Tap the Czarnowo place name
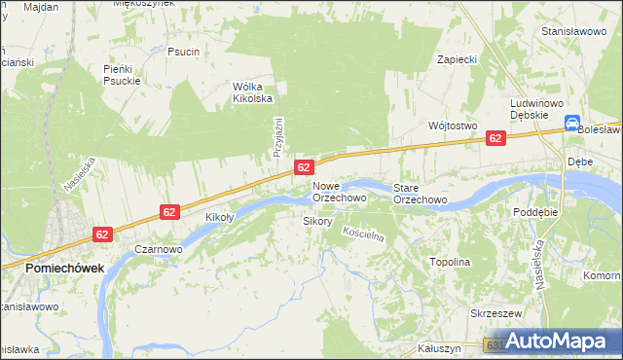159,249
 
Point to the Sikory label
318,222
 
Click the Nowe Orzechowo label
339,192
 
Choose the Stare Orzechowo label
420,193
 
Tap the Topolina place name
450,263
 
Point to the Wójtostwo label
452,126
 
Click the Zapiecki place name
457,59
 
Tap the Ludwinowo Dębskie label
531,108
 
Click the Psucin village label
183,52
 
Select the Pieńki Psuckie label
123,75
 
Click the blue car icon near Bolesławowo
571,123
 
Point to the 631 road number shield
494,345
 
